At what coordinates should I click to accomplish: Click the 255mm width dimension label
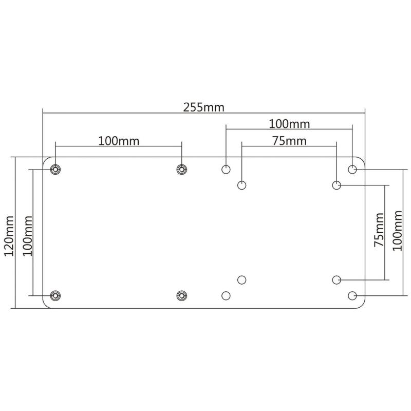[203, 107]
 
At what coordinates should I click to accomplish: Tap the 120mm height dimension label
[9, 236]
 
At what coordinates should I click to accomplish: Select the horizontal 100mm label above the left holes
[119, 141]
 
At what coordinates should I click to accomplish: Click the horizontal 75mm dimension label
[289, 141]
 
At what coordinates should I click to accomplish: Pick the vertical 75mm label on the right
[379, 230]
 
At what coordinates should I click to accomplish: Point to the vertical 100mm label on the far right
[397, 231]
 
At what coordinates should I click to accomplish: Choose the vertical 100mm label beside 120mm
[28, 236]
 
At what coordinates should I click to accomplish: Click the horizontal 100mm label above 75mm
[289, 124]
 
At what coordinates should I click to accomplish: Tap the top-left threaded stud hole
[55, 170]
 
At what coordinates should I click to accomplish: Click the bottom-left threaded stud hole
[55, 296]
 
